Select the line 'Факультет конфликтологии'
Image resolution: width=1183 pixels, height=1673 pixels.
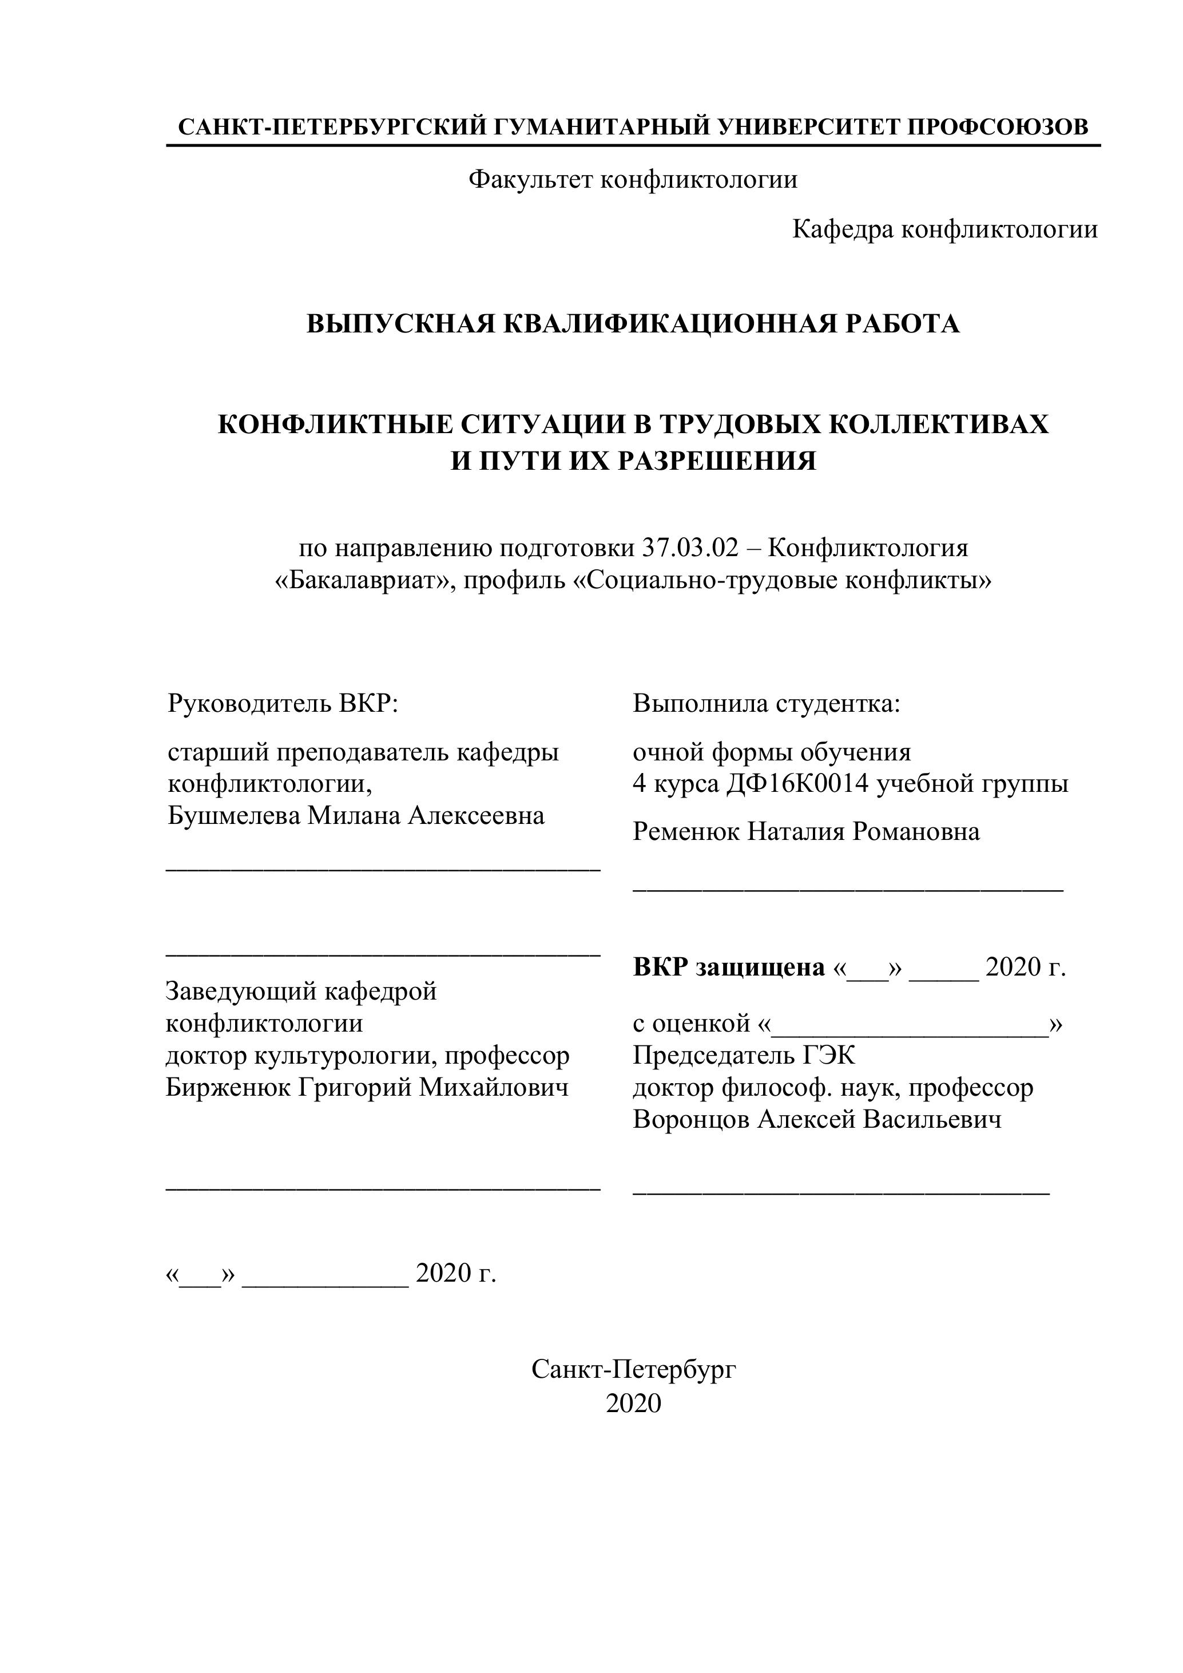(632, 179)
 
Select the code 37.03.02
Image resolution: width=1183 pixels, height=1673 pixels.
(690, 548)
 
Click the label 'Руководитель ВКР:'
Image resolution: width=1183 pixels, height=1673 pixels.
(283, 704)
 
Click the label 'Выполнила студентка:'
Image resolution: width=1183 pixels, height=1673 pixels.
(767, 704)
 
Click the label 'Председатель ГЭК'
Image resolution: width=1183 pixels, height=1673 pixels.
(744, 1055)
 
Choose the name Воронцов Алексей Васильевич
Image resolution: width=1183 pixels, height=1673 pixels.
(816, 1119)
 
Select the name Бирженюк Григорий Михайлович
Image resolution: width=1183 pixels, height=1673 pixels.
(367, 1088)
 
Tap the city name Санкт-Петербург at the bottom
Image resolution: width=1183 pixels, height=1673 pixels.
(634, 1370)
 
